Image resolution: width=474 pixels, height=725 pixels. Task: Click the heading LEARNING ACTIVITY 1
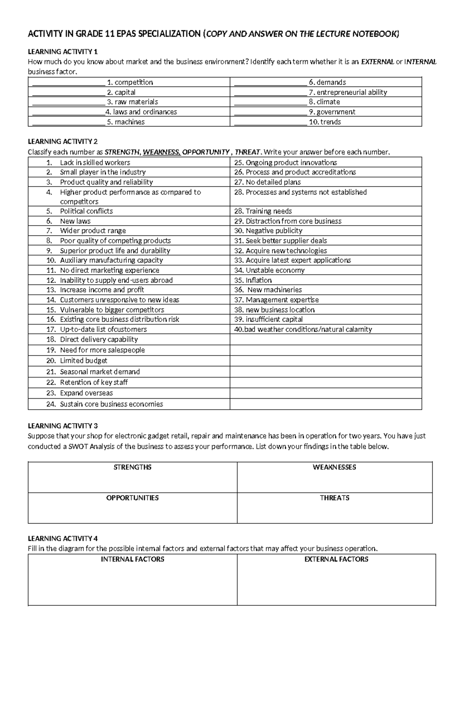(62, 51)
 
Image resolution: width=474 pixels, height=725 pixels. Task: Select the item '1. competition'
(130, 82)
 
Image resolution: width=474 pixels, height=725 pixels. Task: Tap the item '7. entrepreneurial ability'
(348, 92)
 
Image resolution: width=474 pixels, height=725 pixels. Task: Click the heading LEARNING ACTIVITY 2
(62, 141)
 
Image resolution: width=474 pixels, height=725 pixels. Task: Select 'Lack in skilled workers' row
(95, 162)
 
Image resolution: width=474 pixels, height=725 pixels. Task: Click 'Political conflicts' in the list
(86, 211)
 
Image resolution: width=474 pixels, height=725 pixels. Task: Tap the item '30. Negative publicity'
(268, 230)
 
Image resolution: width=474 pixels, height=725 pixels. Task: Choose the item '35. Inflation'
(253, 280)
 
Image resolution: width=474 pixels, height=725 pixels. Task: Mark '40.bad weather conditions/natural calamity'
(303, 329)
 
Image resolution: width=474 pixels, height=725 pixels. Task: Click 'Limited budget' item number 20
(83, 360)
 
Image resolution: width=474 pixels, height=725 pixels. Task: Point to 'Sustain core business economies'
(111, 404)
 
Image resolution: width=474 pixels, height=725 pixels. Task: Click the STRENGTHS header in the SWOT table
(132, 467)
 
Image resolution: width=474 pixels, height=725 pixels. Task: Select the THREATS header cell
(335, 498)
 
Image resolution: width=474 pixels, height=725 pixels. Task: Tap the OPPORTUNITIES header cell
(132, 498)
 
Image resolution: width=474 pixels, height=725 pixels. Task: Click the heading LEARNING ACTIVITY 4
(62, 538)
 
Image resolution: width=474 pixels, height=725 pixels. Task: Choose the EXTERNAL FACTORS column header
(336, 559)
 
